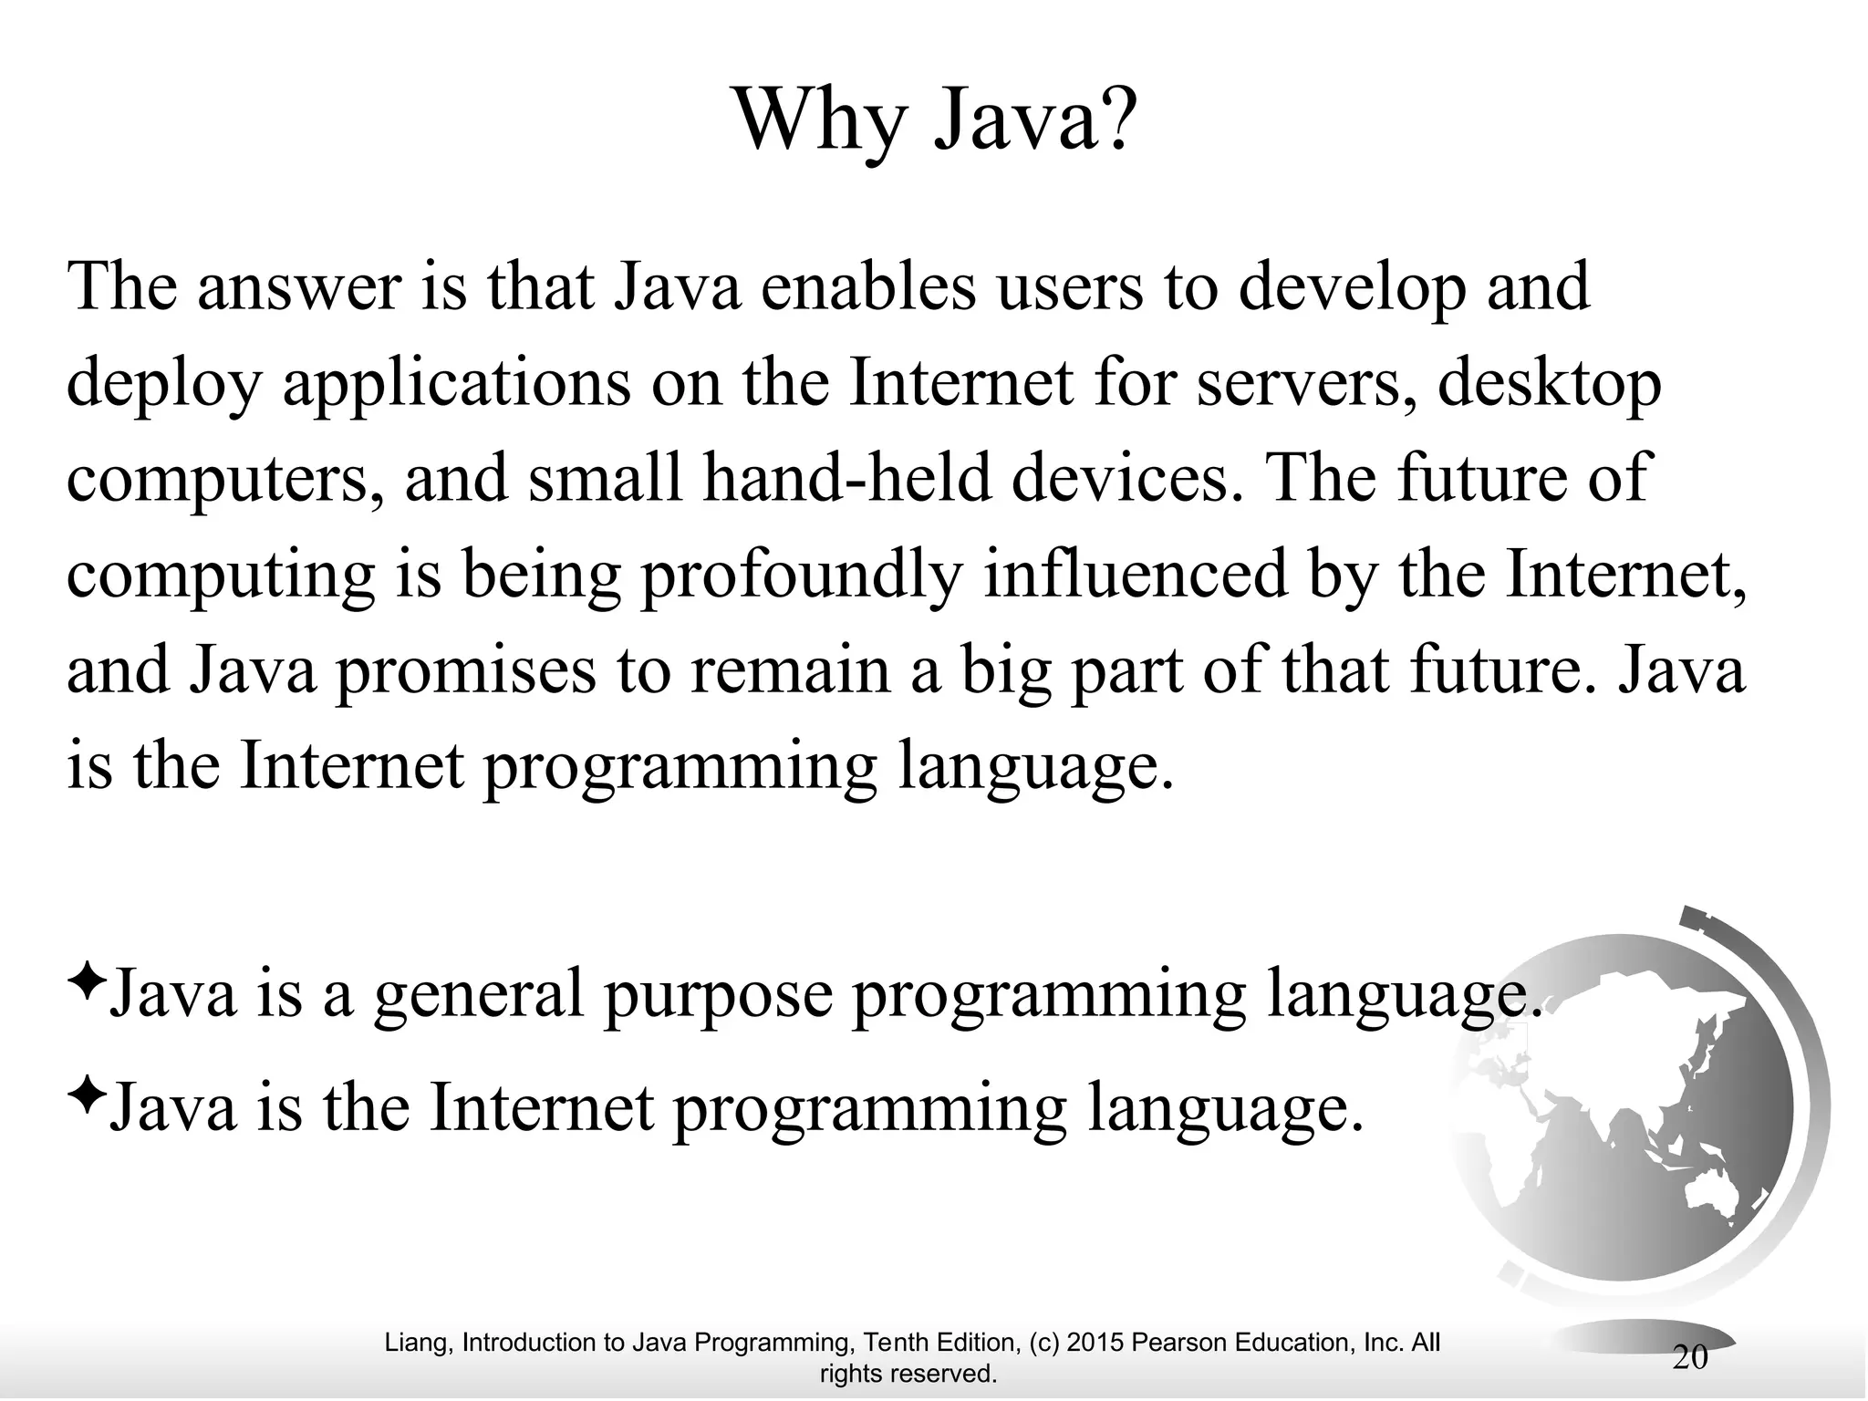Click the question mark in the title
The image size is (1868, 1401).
(1114, 120)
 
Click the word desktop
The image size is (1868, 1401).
(1550, 385)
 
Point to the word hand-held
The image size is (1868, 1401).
(847, 479)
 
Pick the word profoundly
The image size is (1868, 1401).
(802, 576)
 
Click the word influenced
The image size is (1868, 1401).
(1136, 575)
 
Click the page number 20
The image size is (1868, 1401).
(1690, 1357)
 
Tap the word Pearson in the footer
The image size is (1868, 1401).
(1178, 1343)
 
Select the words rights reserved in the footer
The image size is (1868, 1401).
(908, 1374)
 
